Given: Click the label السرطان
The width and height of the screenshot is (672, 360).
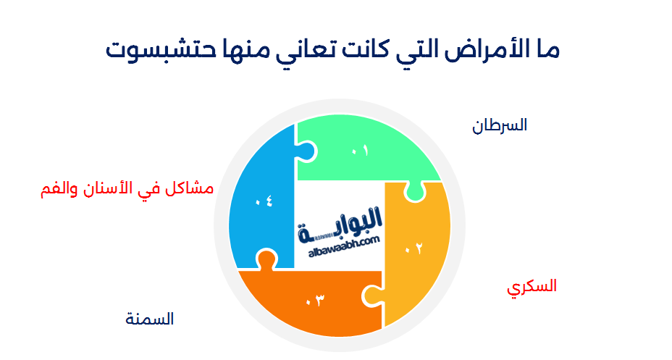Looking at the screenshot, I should [x=500, y=125].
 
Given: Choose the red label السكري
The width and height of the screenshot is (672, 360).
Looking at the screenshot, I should [x=532, y=286].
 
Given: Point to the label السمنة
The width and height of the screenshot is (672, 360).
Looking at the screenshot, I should [x=150, y=319].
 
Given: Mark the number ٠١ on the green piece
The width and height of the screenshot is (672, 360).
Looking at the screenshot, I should [x=360, y=151].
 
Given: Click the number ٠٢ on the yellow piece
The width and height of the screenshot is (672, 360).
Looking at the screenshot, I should [x=413, y=248].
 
